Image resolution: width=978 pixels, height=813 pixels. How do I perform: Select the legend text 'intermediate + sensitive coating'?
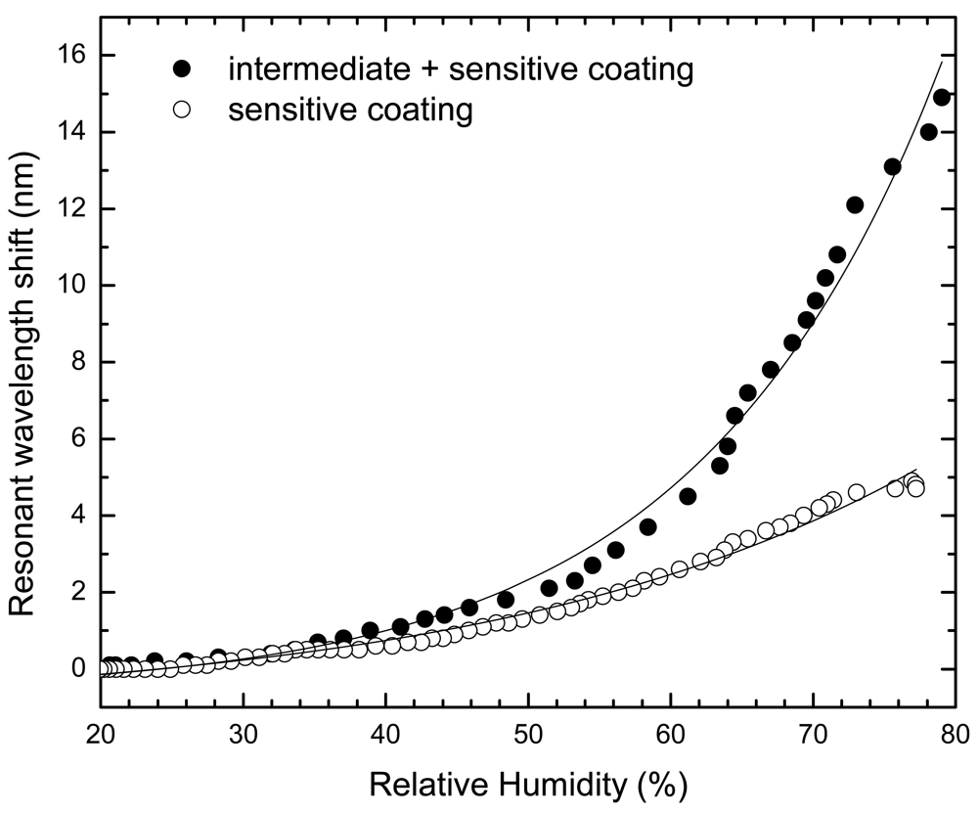pyautogui.click(x=461, y=69)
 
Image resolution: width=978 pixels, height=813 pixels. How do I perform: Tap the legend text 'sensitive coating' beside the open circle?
pyautogui.click(x=350, y=111)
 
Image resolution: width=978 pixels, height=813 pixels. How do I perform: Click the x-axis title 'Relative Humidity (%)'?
pyautogui.click(x=529, y=783)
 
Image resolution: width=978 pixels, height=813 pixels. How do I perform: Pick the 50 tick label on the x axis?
pyautogui.click(x=528, y=732)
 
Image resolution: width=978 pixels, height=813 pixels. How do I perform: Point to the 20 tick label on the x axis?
pyautogui.click(x=101, y=732)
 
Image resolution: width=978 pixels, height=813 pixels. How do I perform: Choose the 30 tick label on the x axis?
pyautogui.click(x=244, y=732)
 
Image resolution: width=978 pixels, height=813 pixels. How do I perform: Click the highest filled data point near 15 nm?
pyautogui.click(x=942, y=97)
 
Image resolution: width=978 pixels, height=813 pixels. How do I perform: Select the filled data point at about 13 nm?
pyautogui.click(x=892, y=166)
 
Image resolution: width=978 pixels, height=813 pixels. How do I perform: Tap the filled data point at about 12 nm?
pyautogui.click(x=854, y=204)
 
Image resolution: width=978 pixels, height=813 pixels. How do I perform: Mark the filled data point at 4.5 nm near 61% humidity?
pyautogui.click(x=688, y=496)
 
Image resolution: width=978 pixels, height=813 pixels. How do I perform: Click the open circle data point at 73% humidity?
pyautogui.click(x=857, y=492)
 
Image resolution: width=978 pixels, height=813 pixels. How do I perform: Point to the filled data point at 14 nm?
pyautogui.click(x=929, y=132)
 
